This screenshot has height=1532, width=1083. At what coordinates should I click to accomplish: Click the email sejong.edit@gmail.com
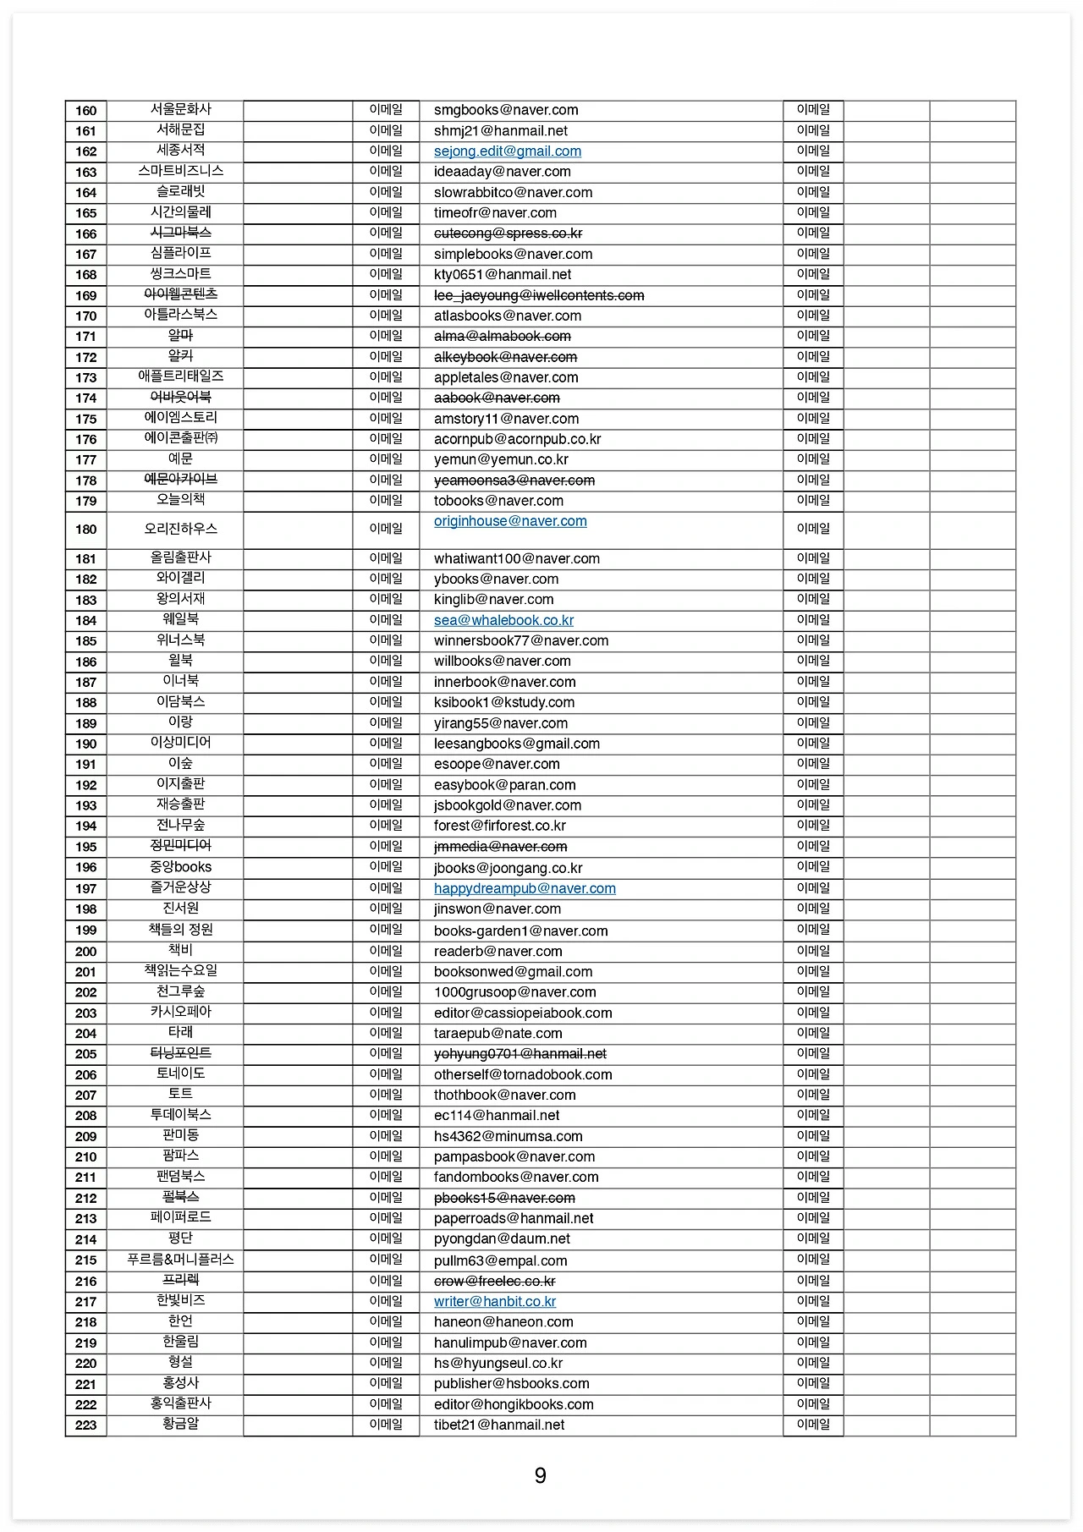pyautogui.click(x=508, y=151)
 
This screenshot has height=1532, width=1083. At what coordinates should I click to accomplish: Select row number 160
pyautogui.click(x=86, y=111)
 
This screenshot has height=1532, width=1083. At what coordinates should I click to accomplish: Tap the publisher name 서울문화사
pyautogui.click(x=181, y=109)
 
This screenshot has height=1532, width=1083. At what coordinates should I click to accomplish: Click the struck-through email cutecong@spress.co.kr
pyautogui.click(x=508, y=233)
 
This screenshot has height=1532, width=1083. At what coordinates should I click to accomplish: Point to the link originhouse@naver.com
pyautogui.click(x=510, y=521)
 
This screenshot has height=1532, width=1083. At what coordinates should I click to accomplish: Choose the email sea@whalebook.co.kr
pyautogui.click(x=503, y=620)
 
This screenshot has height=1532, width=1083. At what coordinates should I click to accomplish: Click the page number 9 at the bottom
pyautogui.click(x=541, y=1476)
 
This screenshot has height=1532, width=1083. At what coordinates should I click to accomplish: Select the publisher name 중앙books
pyautogui.click(x=181, y=867)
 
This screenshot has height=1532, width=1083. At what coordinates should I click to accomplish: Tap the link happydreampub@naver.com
pyautogui.click(x=525, y=888)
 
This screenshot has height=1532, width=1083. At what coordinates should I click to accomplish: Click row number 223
pyautogui.click(x=86, y=1425)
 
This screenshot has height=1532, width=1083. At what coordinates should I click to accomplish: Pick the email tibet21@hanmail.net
pyautogui.click(x=499, y=1425)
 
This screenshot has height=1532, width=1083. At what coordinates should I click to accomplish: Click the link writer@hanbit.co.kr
pyautogui.click(x=495, y=1302)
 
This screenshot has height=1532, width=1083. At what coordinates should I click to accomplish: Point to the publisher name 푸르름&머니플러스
pyautogui.click(x=181, y=1260)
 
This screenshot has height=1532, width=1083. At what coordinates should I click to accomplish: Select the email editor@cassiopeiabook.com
pyautogui.click(x=523, y=1013)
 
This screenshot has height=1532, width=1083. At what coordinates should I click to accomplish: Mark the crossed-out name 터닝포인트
pyautogui.click(x=181, y=1053)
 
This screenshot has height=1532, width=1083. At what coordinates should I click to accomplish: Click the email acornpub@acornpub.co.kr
pyautogui.click(x=517, y=439)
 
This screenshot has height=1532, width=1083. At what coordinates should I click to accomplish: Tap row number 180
pyautogui.click(x=86, y=530)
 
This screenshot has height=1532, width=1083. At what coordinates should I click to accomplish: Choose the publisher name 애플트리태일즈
pyautogui.click(x=181, y=376)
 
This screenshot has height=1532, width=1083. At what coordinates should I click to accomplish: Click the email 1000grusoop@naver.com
pyautogui.click(x=514, y=992)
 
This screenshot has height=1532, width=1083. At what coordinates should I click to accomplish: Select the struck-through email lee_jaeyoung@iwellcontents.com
pyautogui.click(x=539, y=295)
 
